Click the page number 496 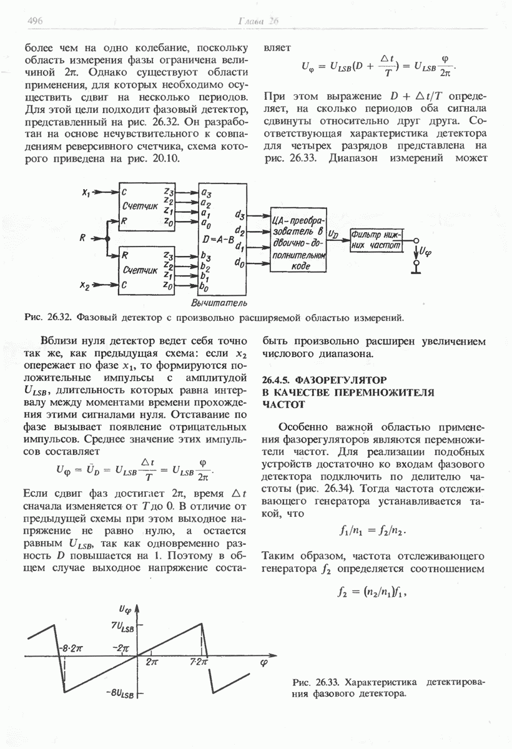(x=34, y=21)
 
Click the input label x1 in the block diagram (x=87, y=193)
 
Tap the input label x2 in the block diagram (x=87, y=286)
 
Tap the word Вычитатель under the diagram (x=217, y=303)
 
